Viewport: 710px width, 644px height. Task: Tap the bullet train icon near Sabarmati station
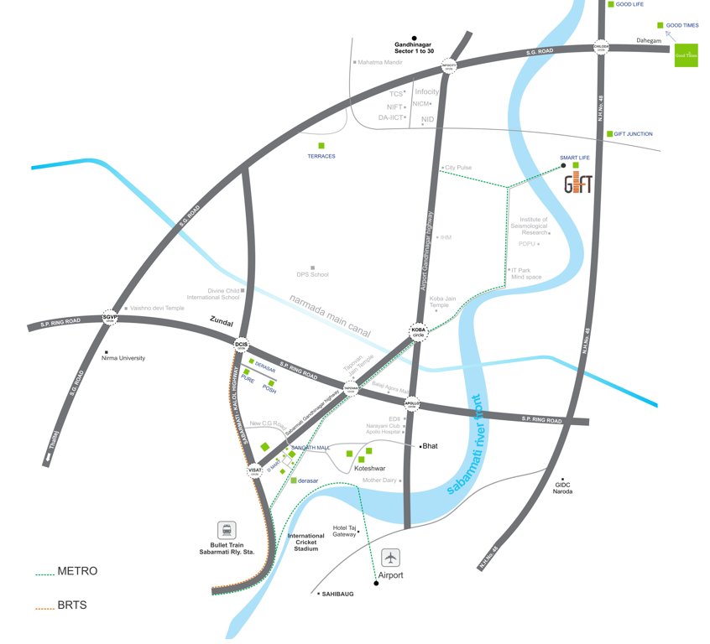click(225, 530)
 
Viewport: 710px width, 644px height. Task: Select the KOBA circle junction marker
click(419, 331)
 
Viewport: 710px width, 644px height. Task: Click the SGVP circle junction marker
click(110, 317)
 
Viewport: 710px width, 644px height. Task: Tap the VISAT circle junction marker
click(254, 471)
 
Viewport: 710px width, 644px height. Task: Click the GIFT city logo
click(577, 184)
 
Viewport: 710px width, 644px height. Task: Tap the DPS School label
click(312, 274)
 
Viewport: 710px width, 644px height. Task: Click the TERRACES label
click(321, 157)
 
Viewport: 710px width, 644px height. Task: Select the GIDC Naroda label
click(562, 487)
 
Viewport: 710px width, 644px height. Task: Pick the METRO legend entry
click(77, 572)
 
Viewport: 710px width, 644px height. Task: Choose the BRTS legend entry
click(72, 605)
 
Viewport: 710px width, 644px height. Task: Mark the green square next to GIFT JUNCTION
click(610, 134)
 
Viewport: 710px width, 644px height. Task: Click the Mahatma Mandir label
click(379, 62)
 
